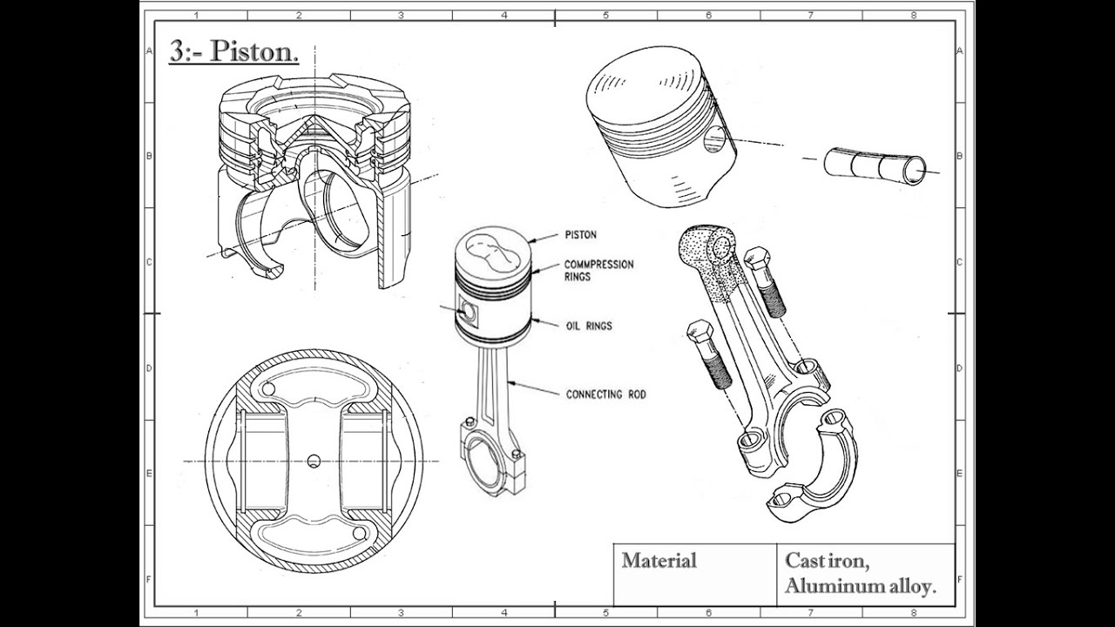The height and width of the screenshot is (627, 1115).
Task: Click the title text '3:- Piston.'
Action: point(233,52)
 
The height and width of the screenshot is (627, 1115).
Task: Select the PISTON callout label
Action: point(581,235)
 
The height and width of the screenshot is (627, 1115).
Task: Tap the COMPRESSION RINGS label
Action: point(598,270)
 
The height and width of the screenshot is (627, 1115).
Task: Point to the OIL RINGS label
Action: point(588,326)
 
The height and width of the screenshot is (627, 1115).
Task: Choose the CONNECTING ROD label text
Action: point(605,394)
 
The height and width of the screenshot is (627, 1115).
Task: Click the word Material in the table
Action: point(659,561)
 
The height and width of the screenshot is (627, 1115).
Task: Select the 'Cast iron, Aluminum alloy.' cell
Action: point(860,574)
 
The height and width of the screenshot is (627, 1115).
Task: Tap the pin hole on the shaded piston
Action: point(714,138)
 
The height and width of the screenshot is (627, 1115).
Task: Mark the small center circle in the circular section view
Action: point(314,460)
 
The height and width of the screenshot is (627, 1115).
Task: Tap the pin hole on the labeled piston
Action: point(469,311)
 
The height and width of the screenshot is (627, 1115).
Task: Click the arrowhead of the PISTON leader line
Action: point(533,240)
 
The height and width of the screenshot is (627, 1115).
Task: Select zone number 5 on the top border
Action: point(606,15)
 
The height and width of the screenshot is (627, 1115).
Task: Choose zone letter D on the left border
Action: point(149,368)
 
